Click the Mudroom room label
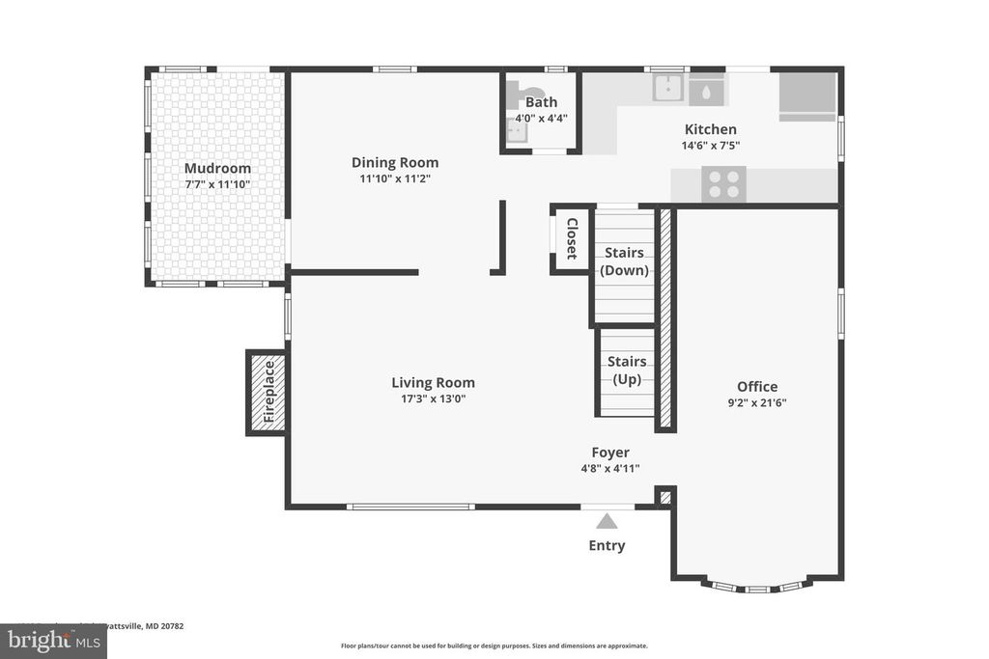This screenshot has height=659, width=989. coord(217,168)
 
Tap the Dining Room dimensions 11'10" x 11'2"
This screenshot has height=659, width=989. coord(394,178)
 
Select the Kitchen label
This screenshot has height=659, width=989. coord(710,129)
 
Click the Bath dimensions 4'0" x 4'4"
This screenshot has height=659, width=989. coord(541,119)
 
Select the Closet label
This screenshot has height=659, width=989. coord(572,238)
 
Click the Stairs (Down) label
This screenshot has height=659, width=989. coord(624,261)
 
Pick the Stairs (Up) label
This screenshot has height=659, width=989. coord(627,371)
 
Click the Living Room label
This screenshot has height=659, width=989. coord(433,382)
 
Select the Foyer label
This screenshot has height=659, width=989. coord(610,452)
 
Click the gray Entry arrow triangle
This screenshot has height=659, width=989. coord(607,522)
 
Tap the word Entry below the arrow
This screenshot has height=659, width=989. coord(607,545)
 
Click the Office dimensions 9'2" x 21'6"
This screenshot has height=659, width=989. coord(756,403)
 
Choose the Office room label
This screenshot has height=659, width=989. coord(756,387)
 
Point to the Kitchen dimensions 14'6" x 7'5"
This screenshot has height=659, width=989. coord(710,146)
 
